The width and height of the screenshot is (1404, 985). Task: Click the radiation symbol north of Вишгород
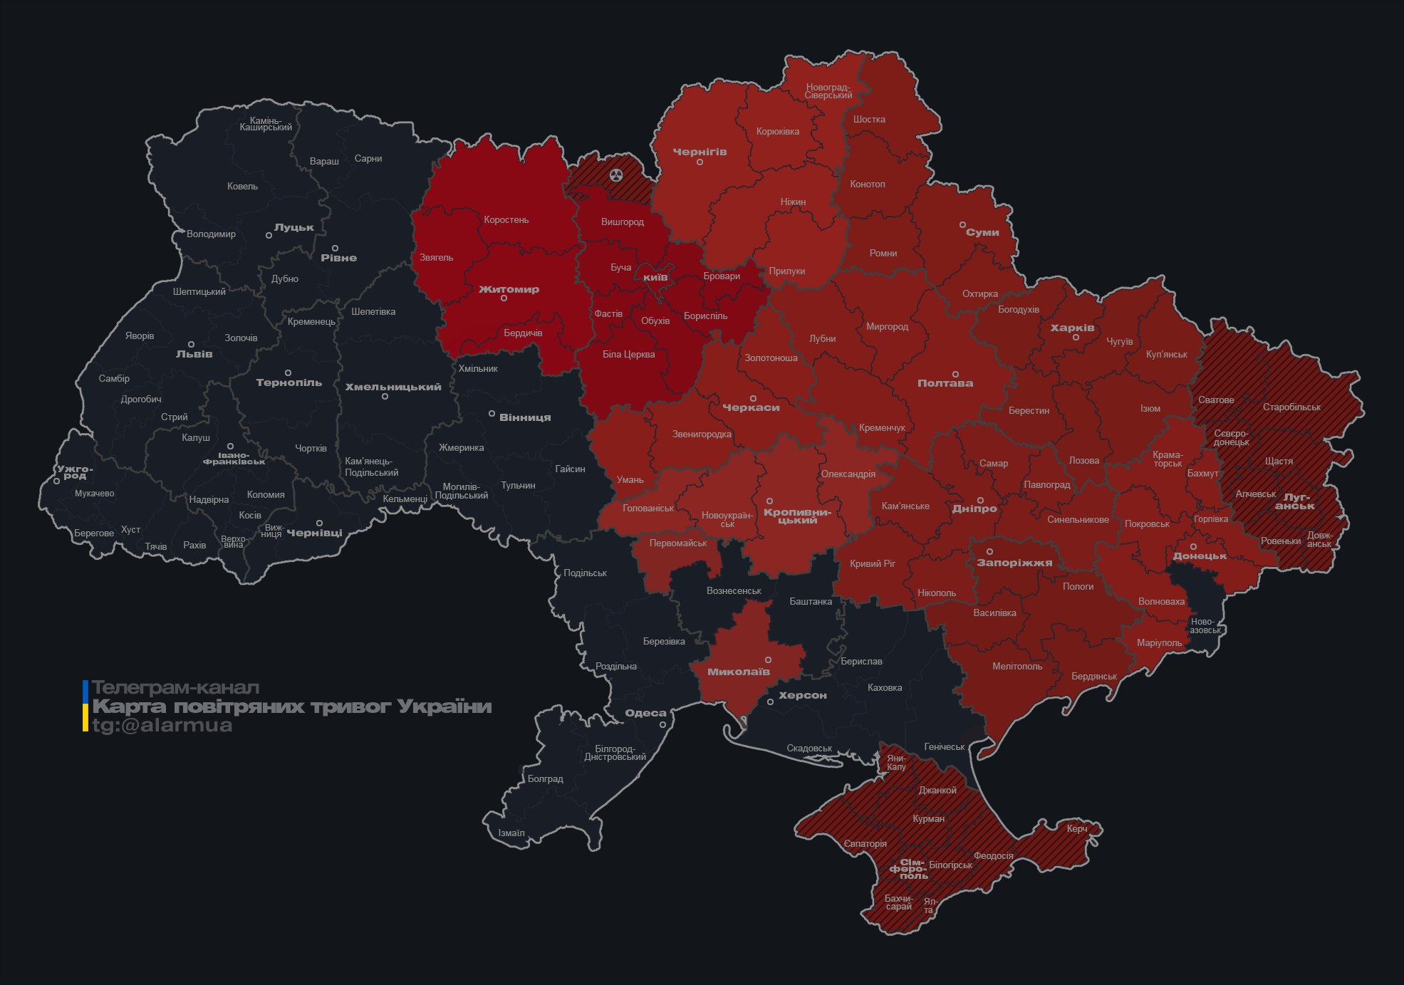(x=616, y=175)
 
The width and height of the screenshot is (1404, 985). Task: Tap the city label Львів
(x=194, y=354)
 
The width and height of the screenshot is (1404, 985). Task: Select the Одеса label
(x=645, y=713)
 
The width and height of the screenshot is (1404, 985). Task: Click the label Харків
(x=1072, y=328)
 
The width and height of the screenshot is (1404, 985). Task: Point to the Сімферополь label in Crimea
(x=909, y=869)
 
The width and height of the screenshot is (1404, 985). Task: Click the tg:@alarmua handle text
(x=162, y=725)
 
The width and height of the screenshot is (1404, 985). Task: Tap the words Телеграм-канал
(x=175, y=688)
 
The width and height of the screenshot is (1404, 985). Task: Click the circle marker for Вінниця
(x=492, y=414)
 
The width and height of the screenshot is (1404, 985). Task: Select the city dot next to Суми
(x=962, y=224)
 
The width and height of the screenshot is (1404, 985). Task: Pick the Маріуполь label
(x=1159, y=642)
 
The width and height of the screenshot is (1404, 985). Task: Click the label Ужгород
(x=75, y=472)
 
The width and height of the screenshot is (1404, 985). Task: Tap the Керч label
(x=1077, y=828)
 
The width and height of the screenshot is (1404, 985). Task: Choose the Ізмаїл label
(x=511, y=833)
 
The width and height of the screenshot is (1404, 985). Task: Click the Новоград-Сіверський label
(x=828, y=91)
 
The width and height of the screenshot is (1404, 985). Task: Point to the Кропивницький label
(x=797, y=516)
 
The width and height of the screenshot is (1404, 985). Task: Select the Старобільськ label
(x=1291, y=407)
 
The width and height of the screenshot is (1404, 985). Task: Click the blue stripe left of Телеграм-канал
(x=85, y=689)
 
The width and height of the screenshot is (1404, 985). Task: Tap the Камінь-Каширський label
(x=266, y=124)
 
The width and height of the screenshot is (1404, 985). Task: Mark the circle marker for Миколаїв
(x=768, y=660)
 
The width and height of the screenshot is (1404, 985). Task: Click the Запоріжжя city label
(x=1014, y=563)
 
